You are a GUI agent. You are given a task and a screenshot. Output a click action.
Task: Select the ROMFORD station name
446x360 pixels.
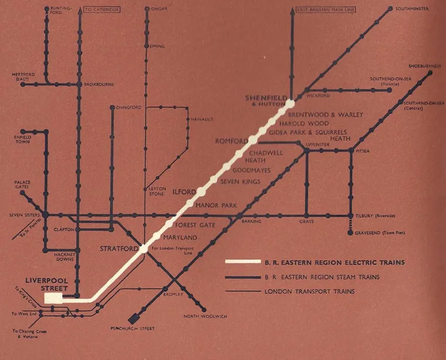coord(232,141)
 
